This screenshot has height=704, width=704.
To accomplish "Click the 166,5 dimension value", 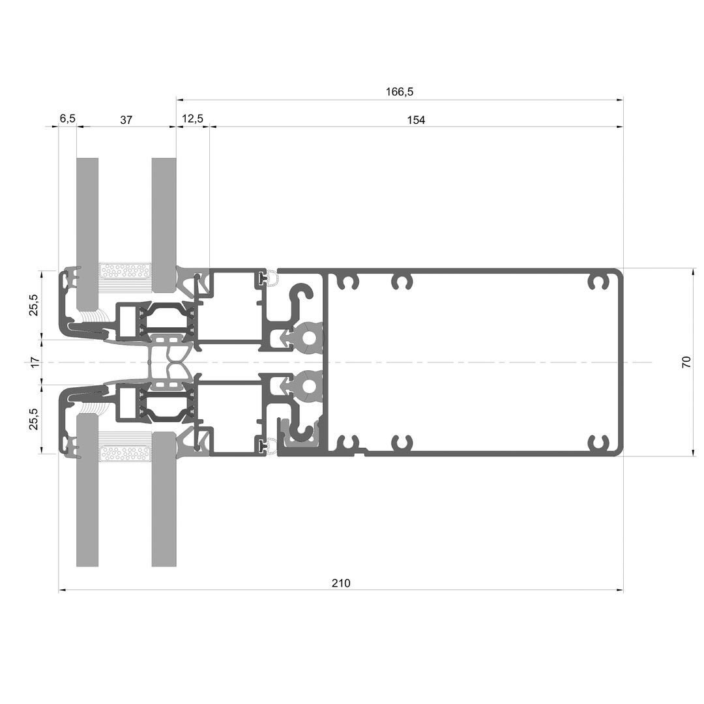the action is click(399, 92).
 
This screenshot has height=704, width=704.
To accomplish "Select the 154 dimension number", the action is click(416, 120).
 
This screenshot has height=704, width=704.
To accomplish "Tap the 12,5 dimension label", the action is click(192, 119).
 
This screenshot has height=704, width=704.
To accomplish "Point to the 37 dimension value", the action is click(126, 120).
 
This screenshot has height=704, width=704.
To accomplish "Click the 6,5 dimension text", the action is click(67, 119).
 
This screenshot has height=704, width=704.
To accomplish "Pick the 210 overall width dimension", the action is click(341, 583).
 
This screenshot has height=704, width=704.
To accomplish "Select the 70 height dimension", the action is click(686, 362).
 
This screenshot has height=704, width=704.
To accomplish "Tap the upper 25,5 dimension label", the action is click(34, 305).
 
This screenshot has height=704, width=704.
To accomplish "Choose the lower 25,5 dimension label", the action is click(34, 419).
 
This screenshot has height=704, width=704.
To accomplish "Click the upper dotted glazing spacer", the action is click(125, 271).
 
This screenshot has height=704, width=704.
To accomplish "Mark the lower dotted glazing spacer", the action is click(125, 454).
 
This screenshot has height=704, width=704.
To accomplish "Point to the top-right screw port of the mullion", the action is click(598, 282).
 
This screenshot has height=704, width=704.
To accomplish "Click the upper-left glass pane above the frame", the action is click(87, 233).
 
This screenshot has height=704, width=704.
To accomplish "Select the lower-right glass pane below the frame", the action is click(164, 499).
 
